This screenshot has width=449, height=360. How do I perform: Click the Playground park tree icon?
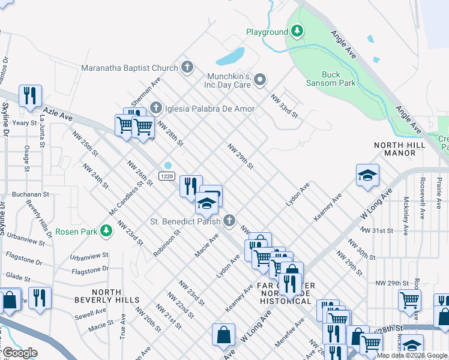coord(297,31)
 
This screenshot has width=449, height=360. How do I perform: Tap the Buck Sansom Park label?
coord(330,79)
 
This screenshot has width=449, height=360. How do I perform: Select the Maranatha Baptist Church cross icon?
coord(187,67)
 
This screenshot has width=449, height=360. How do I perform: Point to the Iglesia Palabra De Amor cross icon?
coord(155,109)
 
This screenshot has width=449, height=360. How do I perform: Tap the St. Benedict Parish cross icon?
coord(228,221)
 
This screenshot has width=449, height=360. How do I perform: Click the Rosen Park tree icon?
coord(106,231)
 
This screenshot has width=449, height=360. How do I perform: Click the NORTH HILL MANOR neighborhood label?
coord(394,149)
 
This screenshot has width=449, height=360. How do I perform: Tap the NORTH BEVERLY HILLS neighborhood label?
coord(107,296)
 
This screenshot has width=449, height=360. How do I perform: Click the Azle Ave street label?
coord(57,112)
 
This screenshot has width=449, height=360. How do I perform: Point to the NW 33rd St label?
coord(284,105)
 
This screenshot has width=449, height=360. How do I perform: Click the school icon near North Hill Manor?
coord(367,175)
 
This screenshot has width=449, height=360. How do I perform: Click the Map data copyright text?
coord(412,355)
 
